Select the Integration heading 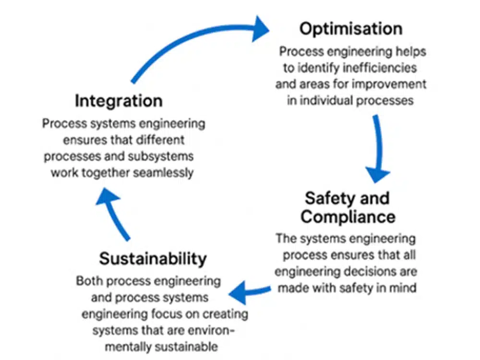pyautogui.click(x=119, y=101)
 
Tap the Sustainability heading pyautogui.click(x=153, y=259)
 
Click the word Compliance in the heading pyautogui.click(x=348, y=216)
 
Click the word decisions pyautogui.click(x=372, y=272)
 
